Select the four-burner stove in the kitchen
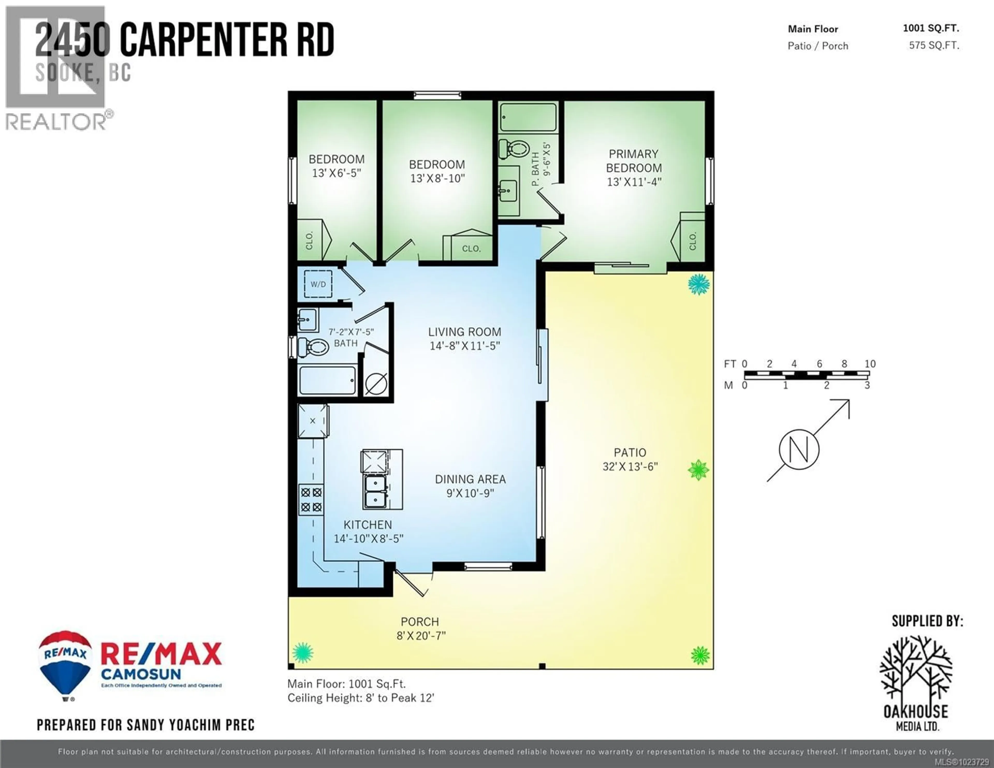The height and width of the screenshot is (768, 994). tap(311, 499)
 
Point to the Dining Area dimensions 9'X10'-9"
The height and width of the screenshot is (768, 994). tap(470, 493)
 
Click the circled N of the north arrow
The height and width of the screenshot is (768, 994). tap(799, 449)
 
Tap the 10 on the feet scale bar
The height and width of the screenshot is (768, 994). tap(870, 364)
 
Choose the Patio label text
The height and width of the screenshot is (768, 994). tap(630, 452)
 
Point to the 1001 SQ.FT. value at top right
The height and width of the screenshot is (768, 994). tap(931, 28)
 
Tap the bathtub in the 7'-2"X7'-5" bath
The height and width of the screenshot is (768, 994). tap(327, 381)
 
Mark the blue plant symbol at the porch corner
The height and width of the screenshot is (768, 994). tap(302, 653)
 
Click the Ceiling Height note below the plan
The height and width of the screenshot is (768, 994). tap(361, 698)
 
